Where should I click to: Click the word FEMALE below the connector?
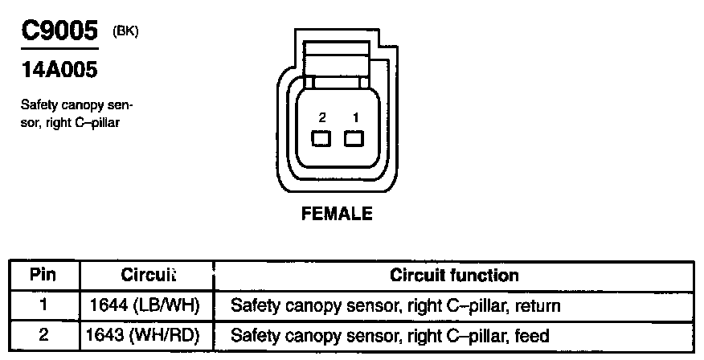[337, 214]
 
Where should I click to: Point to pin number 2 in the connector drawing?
[322, 117]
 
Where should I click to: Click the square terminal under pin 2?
[322, 139]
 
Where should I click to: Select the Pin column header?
[43, 275]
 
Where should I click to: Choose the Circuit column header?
[148, 275]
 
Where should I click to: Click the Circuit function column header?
[454, 275]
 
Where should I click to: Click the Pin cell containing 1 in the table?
[43, 305]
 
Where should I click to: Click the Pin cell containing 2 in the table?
[43, 334]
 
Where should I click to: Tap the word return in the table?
[538, 306]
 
